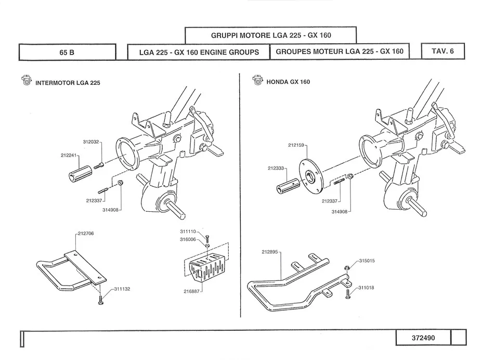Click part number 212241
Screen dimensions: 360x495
click(69, 155)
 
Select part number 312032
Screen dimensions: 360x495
click(90, 142)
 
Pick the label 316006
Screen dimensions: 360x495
click(188, 239)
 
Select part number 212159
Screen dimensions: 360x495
click(297, 145)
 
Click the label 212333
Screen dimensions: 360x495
click(276, 168)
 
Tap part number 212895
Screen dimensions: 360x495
click(270, 251)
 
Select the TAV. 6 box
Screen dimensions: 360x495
click(442, 52)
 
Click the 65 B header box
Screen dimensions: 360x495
click(67, 52)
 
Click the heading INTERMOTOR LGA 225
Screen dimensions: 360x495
click(68, 83)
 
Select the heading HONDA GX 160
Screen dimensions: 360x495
click(288, 82)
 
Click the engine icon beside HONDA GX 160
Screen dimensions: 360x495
click(257, 80)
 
